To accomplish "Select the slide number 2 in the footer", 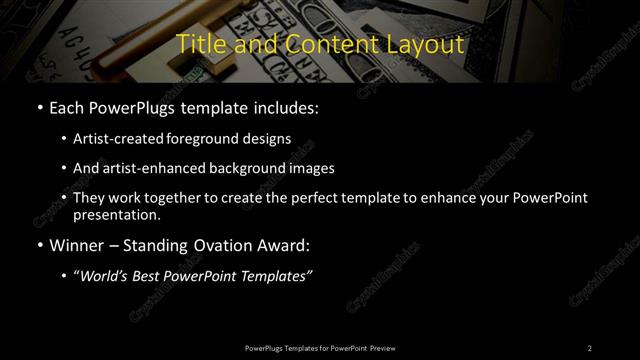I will coord(590,347).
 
